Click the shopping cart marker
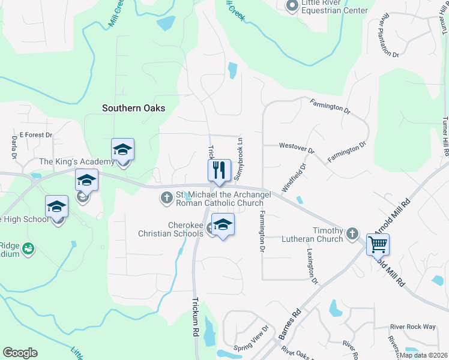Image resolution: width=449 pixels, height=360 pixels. coord(378,244)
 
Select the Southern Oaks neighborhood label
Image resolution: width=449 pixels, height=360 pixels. coord(133,108)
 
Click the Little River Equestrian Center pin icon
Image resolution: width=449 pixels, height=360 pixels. coord(292,7)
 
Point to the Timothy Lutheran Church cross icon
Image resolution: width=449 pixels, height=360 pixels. coord(353,233)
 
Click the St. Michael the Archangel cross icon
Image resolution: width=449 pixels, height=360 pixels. coord(166,197)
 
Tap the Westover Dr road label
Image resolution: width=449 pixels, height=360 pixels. coord(297,146)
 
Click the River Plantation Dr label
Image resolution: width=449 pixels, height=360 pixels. coord(388,37)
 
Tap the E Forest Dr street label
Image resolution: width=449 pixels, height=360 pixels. coord(36,135)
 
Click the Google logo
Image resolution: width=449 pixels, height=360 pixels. coord(20,353)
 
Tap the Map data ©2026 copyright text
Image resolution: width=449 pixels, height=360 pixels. coord(423,355)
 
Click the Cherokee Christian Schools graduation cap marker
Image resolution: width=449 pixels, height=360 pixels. coord(223,225)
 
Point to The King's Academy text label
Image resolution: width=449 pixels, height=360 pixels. coord(76,162)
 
